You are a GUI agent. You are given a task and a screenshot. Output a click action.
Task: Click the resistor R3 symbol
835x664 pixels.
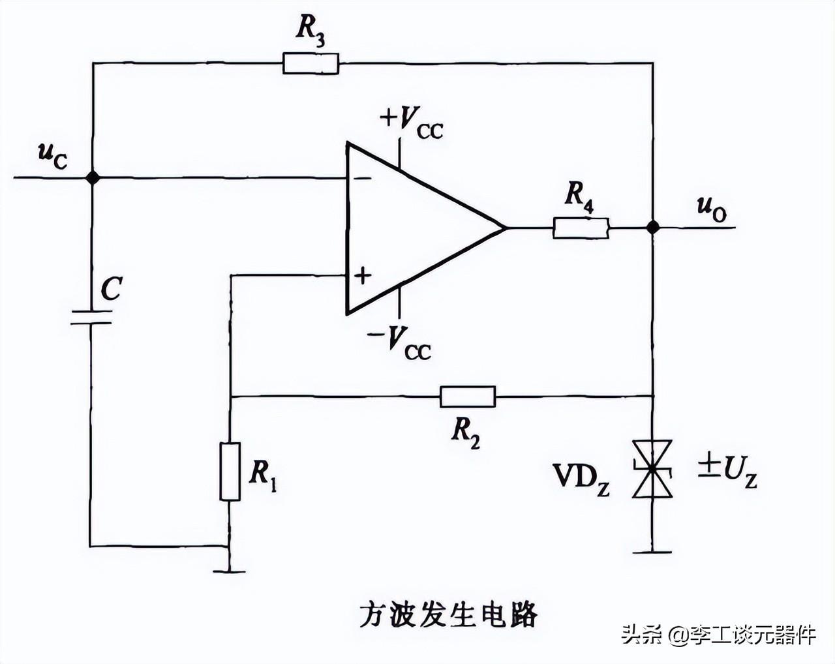coord(311,63)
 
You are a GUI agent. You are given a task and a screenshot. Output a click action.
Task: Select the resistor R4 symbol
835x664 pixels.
coord(581,228)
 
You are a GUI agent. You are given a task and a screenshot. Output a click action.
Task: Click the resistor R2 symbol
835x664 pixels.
coord(467,396)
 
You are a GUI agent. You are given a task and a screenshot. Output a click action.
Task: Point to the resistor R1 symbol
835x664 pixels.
coord(230,471)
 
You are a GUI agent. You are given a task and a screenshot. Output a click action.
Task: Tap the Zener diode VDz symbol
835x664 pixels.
coord(652,469)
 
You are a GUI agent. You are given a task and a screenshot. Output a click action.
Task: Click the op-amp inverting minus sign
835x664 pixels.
coord(363,177)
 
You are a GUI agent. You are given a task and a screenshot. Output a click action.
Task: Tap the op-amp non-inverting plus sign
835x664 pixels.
coord(362,275)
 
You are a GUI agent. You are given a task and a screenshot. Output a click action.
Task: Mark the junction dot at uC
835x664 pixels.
coord(93,177)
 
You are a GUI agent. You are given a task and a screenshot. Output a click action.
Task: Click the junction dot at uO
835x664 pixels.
coord(652,227)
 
